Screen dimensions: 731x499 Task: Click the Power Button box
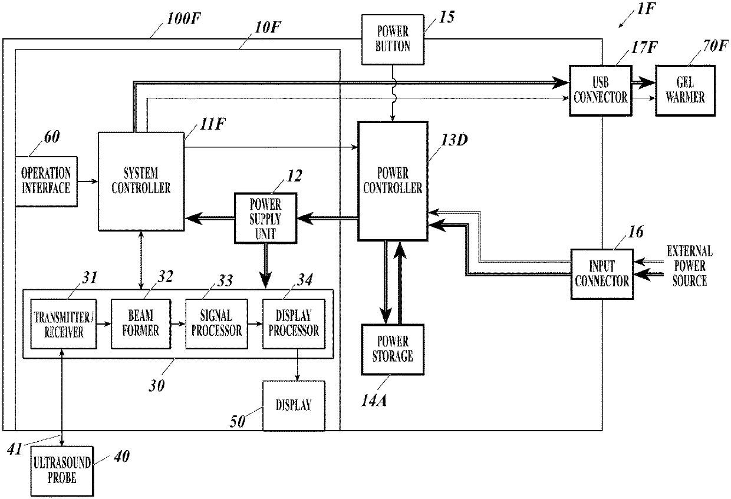393,39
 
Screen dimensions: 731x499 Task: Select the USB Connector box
601,91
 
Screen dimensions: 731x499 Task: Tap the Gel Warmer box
685,91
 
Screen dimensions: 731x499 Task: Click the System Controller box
141,181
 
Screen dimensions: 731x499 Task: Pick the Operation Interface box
47,181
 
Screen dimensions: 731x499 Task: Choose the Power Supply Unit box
266,218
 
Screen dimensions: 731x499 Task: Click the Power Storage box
393,349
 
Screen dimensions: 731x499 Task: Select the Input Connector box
602,275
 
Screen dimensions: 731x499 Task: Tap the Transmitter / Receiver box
64,324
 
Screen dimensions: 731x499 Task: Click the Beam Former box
141,324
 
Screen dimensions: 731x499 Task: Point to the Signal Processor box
216,324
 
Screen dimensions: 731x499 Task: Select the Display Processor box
294,324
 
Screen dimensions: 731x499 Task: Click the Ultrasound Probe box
62,471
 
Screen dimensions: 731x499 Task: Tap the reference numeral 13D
455,140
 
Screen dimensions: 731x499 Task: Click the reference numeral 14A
374,401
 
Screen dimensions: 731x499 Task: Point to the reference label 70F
715,46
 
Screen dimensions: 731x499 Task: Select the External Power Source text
690,266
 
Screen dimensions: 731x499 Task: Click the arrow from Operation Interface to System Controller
88,181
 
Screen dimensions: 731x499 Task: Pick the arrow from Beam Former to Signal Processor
178,324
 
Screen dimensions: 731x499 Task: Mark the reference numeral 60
52,137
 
